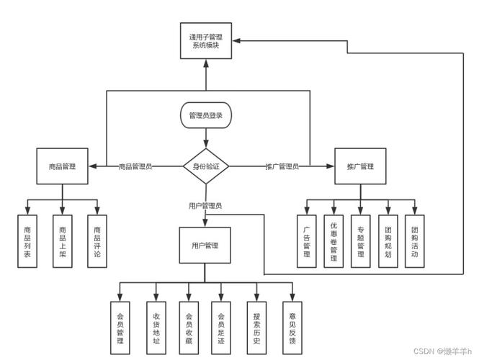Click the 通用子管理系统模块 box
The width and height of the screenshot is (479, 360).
click(206, 40)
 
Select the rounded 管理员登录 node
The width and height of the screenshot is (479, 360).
click(206, 115)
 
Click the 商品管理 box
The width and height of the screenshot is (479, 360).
click(62, 166)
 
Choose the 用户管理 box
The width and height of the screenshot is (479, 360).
click(205, 246)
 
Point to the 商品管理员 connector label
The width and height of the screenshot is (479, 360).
click(135, 166)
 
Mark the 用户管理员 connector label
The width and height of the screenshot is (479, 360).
click(205, 206)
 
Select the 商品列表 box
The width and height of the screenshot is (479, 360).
click(27, 241)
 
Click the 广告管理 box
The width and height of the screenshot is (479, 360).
click(306, 241)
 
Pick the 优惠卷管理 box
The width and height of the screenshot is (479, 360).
click(333, 241)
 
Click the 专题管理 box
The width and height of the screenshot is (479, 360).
click(361, 241)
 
